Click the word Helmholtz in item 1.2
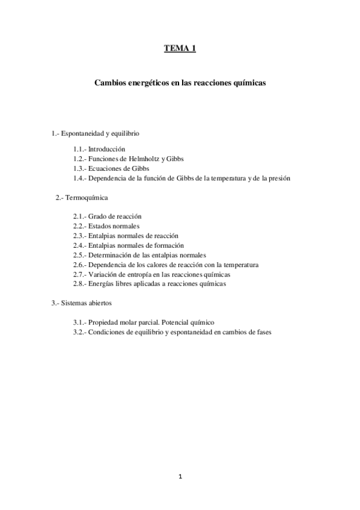[145, 158]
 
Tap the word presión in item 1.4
[278, 179]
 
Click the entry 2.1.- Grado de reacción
[108, 216]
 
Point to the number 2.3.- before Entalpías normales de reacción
[81, 236]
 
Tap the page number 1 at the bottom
[180, 477]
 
